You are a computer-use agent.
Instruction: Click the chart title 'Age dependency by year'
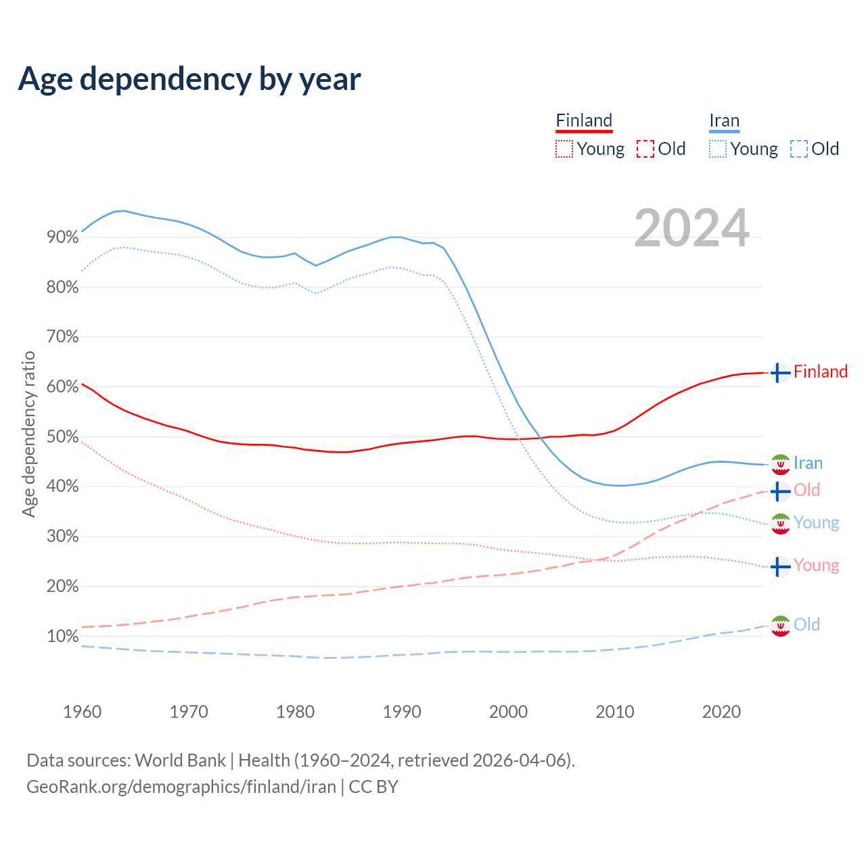189,79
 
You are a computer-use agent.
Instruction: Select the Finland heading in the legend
584,121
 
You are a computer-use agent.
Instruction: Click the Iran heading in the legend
724,121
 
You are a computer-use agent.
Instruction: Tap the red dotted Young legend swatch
564,149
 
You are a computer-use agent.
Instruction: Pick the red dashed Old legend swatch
645,149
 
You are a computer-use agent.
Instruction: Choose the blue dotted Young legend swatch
718,149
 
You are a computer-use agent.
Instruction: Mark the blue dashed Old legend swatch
798,149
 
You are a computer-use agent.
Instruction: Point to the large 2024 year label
691,228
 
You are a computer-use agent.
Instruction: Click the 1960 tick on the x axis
82,712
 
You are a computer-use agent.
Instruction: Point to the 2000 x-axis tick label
508,712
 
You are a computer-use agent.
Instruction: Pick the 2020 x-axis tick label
721,712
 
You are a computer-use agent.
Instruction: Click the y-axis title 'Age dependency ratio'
28,434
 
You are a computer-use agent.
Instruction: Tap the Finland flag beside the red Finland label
780,373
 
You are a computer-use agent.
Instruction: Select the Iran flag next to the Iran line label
780,464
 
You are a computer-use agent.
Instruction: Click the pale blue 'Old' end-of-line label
806,624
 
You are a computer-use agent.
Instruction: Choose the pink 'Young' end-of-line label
816,566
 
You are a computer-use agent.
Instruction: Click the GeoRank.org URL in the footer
181,787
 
